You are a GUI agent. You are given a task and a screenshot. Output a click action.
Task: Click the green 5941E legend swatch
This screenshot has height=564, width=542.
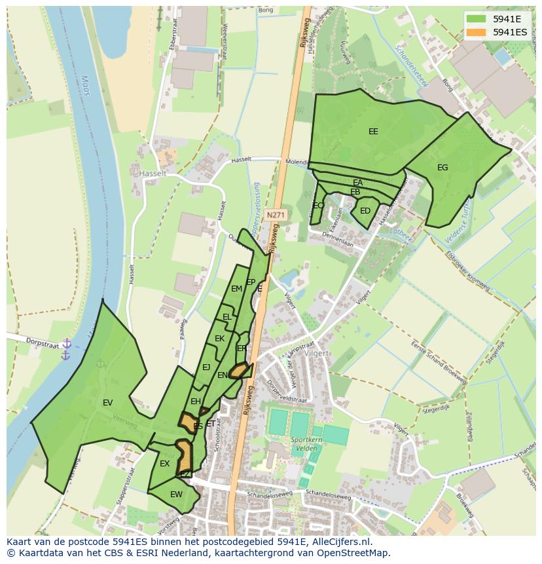click(477, 19)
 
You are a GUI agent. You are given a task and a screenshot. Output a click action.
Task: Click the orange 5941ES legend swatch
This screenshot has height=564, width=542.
click(477, 31)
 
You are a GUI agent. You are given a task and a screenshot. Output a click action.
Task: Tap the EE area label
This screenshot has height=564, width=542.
click(373, 132)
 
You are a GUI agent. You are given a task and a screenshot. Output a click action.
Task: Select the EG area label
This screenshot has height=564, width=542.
click(443, 168)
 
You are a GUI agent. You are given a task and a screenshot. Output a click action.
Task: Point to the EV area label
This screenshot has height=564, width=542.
click(108, 403)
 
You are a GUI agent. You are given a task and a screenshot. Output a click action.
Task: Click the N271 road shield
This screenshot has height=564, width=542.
click(276, 214)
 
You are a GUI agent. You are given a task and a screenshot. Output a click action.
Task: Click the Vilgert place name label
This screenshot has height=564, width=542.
click(317, 352)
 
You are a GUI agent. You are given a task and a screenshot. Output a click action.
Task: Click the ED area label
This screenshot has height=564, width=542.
click(365, 211)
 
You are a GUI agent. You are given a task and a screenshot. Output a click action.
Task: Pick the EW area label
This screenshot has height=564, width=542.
click(176, 495)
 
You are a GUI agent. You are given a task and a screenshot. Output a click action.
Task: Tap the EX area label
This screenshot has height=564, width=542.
click(164, 464)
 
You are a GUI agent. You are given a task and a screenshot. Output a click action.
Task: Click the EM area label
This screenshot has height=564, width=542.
click(236, 288)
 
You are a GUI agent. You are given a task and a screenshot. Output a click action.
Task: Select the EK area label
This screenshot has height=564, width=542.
click(219, 339)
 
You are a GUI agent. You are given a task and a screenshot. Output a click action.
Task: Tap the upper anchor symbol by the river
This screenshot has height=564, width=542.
click(66, 343)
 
